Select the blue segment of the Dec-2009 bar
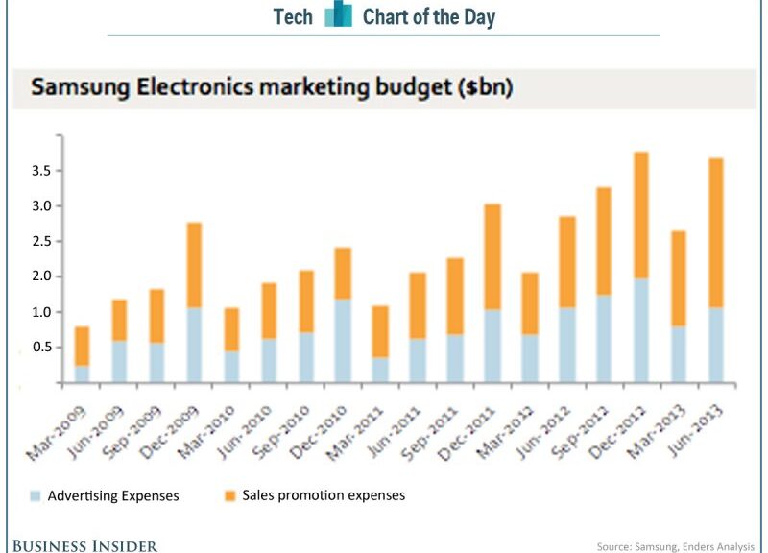(x=194, y=345)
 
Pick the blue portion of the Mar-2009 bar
(x=83, y=373)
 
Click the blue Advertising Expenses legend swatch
(x=35, y=496)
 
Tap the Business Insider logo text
(x=85, y=545)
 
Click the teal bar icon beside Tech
(x=338, y=16)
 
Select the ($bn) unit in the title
(x=486, y=88)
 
